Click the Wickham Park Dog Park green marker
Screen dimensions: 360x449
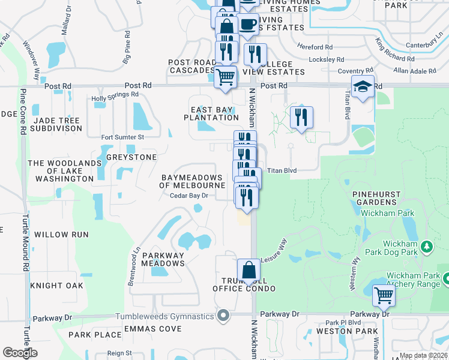427,246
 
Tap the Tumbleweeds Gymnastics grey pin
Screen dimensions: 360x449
224,316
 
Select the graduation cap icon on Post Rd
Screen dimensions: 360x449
363,87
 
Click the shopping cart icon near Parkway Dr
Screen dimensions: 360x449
384,295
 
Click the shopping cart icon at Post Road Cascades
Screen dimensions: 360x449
226,77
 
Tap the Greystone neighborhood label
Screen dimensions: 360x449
131,157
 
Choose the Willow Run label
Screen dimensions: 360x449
61,235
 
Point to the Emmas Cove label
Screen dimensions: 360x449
152,329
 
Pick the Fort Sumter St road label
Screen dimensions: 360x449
122,137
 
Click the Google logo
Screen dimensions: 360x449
20,353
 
